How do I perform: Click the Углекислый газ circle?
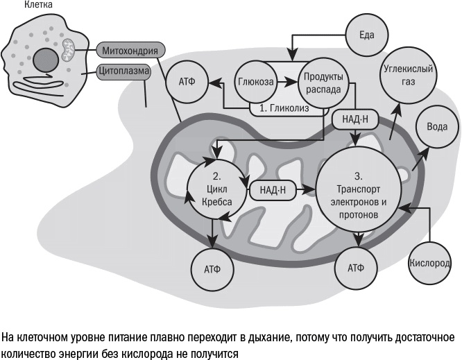(409, 76)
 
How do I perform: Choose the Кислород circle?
(430, 264)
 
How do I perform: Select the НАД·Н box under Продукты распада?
(355, 119)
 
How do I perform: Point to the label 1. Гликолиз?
(284, 109)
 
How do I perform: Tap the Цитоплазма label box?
(123, 71)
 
